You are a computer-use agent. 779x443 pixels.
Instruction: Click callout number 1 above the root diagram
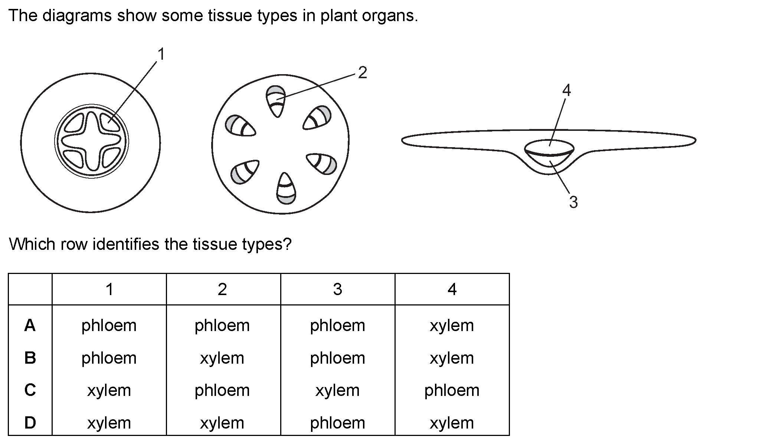pos(161,54)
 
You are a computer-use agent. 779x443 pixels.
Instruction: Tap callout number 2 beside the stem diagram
pos(362,73)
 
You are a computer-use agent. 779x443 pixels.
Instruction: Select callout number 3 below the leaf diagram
pos(573,202)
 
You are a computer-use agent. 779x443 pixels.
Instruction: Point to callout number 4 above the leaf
pos(566,90)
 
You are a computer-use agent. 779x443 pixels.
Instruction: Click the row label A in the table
pos(30,325)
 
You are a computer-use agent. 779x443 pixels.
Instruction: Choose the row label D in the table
pos(30,423)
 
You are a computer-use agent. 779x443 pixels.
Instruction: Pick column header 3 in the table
pos(337,289)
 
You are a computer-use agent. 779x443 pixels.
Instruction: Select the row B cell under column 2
pos(222,358)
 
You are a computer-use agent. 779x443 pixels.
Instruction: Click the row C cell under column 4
pos(452,390)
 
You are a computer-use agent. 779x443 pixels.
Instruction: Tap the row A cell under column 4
pos(452,325)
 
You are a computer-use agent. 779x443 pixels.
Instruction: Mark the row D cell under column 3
pos(337,423)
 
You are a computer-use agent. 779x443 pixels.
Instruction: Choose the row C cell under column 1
pos(109,390)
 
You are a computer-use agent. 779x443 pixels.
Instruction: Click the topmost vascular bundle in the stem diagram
pos(276,101)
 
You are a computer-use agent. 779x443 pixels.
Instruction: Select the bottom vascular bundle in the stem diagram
pos(286,188)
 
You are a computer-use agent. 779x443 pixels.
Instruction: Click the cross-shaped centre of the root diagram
pos(91,141)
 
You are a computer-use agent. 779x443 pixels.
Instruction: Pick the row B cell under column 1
pos(109,358)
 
